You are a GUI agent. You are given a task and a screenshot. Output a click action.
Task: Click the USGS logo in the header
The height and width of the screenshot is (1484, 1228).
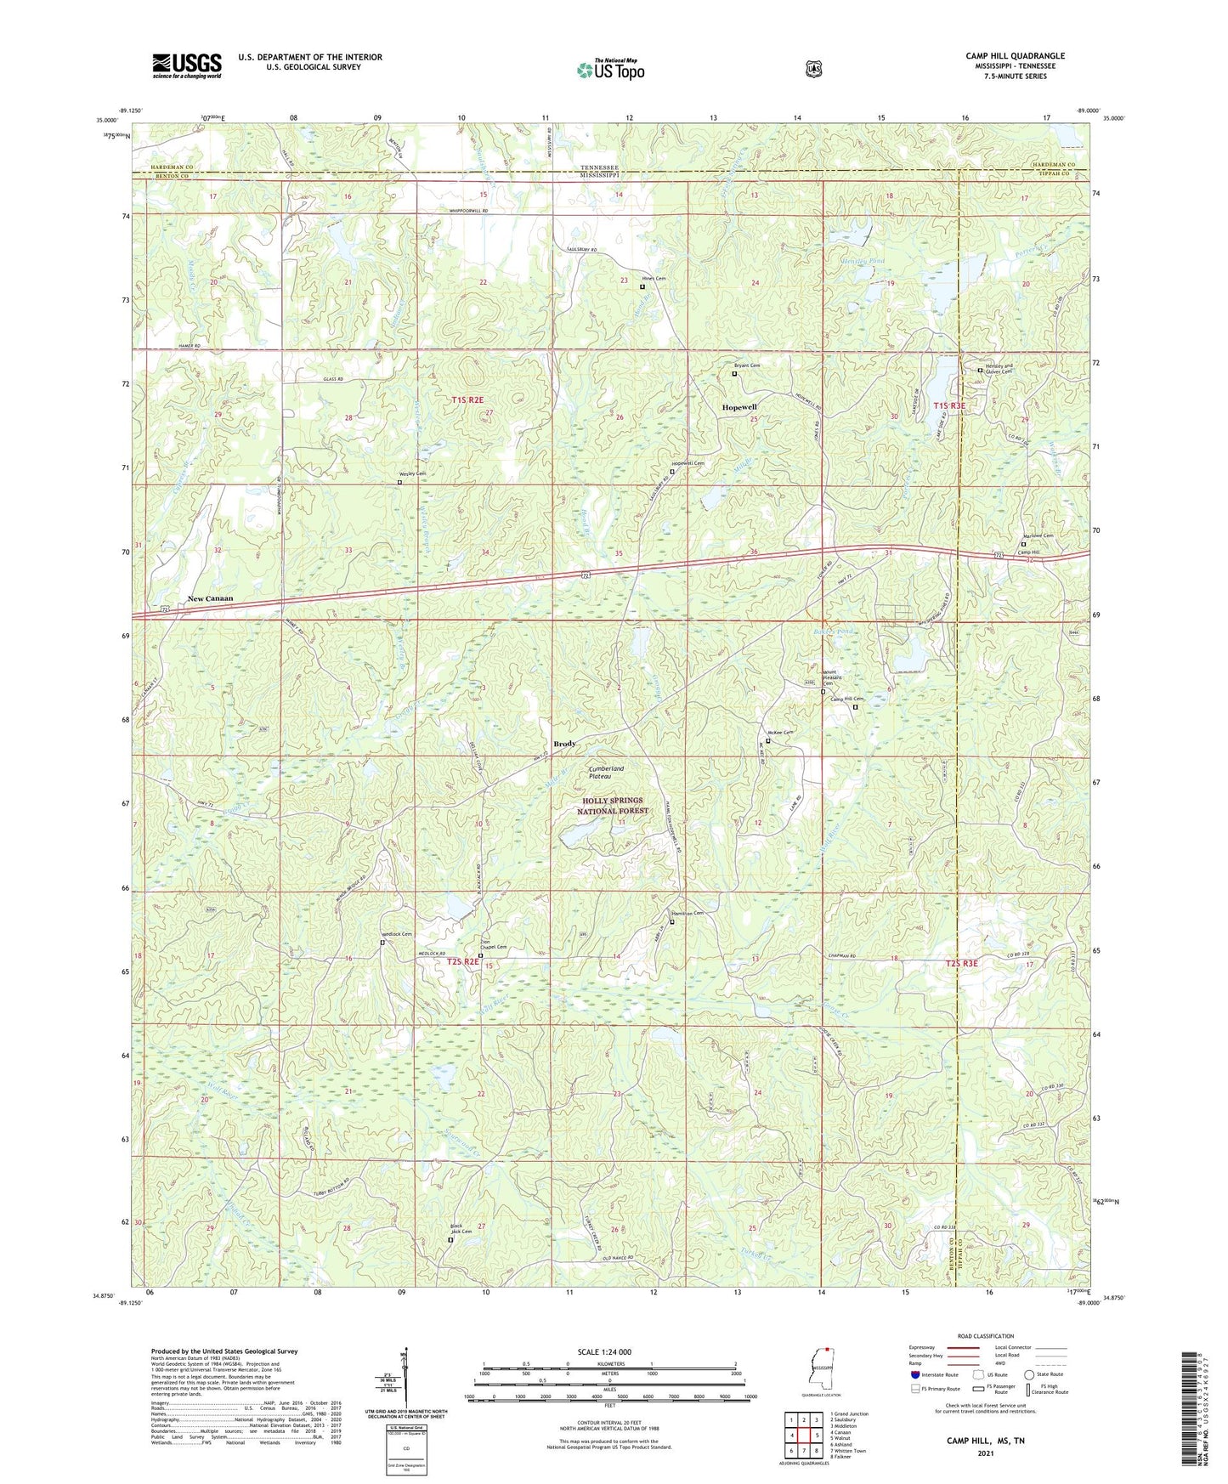point(187,65)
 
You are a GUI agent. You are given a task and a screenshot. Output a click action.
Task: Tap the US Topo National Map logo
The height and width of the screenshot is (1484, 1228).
point(610,70)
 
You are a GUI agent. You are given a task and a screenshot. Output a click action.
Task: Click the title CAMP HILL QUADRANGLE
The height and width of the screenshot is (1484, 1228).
point(1015,56)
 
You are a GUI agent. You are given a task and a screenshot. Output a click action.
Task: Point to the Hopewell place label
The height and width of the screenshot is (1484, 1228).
point(738,408)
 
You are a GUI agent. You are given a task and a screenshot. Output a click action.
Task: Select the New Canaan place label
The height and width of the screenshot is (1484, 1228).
point(210,598)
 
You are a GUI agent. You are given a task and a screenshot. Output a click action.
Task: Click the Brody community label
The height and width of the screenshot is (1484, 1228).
point(564,744)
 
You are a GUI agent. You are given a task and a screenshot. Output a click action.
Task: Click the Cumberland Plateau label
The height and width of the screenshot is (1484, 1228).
point(606,772)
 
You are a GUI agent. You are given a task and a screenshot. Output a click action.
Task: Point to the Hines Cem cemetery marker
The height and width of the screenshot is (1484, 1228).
point(642,287)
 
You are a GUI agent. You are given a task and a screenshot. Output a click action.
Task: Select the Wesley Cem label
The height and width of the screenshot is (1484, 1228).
point(412,474)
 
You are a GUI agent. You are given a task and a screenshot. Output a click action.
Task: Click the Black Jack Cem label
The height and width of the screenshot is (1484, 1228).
point(461,1229)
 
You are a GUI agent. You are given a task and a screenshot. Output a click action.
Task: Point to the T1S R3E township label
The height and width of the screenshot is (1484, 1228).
point(949,406)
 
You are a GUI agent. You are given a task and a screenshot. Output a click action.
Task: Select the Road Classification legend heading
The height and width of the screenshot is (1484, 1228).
point(985,1337)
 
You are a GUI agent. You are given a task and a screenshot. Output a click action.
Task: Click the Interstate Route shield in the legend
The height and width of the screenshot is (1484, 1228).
point(915,1374)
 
